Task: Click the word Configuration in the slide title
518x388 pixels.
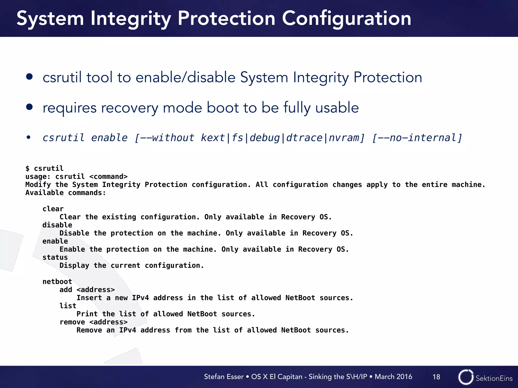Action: pyautogui.click(x=346, y=19)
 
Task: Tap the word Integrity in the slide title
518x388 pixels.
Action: pyautogui.click(x=131, y=19)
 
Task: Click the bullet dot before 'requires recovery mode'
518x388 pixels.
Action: pyautogui.click(x=29, y=107)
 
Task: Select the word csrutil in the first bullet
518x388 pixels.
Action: pyautogui.click(x=62, y=77)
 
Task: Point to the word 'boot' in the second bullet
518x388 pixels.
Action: pyautogui.click(x=223, y=108)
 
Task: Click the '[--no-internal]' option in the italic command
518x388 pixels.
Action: pyautogui.click(x=417, y=138)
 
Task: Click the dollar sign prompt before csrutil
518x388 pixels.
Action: pyautogui.click(x=27, y=168)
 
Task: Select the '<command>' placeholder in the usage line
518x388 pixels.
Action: pyautogui.click(x=109, y=177)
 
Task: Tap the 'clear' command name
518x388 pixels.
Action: pyautogui.click(x=53, y=209)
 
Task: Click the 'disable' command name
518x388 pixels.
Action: pyautogui.click(x=57, y=225)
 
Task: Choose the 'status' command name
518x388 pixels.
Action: pyautogui.click(x=55, y=257)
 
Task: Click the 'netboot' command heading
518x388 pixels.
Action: pyautogui.click(x=57, y=282)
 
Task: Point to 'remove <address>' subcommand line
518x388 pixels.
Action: pyautogui.click(x=94, y=322)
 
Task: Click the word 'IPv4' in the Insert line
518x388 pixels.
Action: pyautogui.click(x=140, y=298)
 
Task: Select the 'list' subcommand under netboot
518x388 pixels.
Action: pyautogui.click(x=68, y=306)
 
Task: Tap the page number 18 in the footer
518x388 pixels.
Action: pyautogui.click(x=436, y=377)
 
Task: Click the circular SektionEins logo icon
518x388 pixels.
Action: pyautogui.click(x=466, y=377)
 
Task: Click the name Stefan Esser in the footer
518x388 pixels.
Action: pyautogui.click(x=224, y=377)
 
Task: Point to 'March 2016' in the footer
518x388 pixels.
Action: pyautogui.click(x=393, y=377)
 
